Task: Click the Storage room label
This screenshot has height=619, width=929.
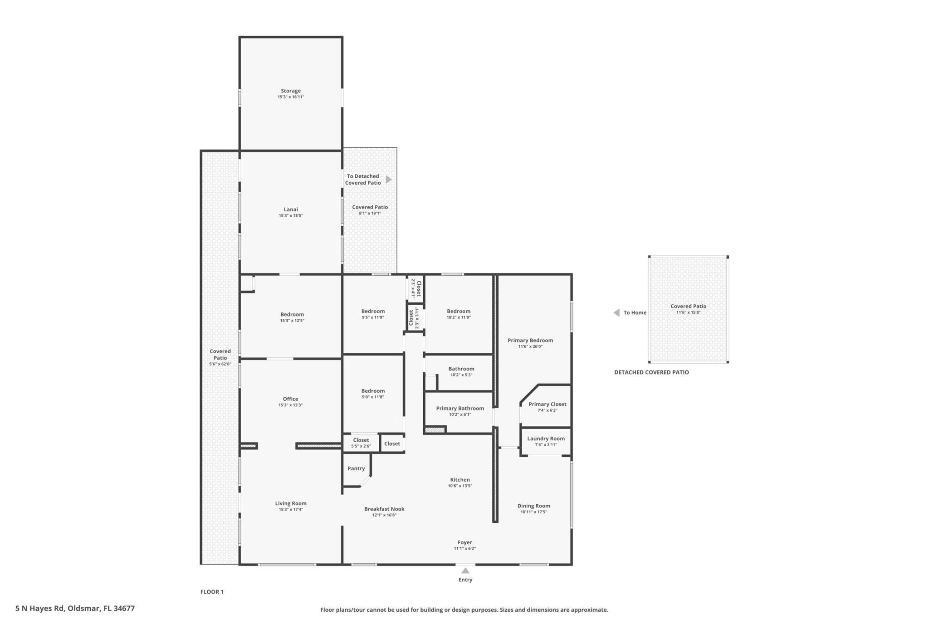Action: coord(291,91)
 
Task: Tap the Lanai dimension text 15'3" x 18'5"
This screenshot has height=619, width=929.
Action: coord(291,216)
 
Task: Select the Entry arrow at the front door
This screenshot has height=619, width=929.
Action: coord(465,570)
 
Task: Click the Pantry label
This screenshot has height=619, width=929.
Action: coord(356,468)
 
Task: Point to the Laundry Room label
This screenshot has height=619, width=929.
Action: coord(546,439)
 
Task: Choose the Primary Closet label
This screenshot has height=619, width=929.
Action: coord(548,404)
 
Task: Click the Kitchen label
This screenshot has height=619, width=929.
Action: coord(460,480)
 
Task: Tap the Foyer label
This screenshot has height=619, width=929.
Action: coord(465,542)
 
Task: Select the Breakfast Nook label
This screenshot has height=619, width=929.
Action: coord(384,509)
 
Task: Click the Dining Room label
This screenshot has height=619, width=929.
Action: coord(534,506)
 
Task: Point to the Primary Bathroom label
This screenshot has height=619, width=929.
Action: coord(460,408)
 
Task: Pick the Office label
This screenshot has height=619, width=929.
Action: coord(291,399)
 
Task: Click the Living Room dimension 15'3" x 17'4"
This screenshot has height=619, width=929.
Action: coord(291,510)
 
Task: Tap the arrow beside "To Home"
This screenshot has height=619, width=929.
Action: coord(616,312)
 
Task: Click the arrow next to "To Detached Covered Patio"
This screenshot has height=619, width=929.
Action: coord(389,180)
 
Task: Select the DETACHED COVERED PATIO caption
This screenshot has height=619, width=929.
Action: coord(651,372)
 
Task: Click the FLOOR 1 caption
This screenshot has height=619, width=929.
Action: coord(212,592)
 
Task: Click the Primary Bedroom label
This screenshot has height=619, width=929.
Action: coord(530,340)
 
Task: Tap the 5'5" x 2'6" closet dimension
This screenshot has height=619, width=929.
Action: coord(361,446)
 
